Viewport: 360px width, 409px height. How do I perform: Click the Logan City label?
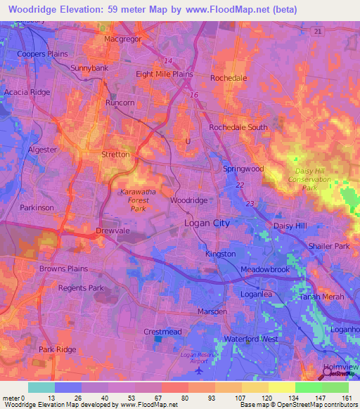tap(207, 223)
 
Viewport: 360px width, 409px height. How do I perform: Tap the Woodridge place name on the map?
tap(189, 200)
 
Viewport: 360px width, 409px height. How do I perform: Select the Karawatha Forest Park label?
tap(128, 199)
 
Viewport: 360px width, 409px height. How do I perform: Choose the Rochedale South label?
tap(238, 127)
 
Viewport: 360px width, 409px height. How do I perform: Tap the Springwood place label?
tap(243, 169)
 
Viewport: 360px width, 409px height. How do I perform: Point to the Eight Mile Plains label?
tap(165, 74)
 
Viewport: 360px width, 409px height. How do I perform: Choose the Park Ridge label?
tap(57, 349)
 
